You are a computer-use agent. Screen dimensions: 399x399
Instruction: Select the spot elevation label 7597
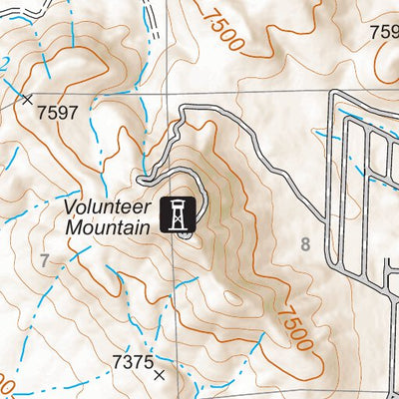tap(56, 113)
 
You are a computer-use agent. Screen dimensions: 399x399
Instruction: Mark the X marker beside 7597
tap(27, 99)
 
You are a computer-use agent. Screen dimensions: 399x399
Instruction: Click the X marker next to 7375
tap(160, 376)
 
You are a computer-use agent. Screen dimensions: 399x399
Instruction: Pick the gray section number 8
tap(305, 242)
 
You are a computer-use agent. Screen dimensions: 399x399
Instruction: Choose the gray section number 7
tap(44, 261)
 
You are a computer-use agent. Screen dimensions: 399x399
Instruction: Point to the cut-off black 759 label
tap(384, 32)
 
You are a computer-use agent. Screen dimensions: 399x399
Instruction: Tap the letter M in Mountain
tap(74, 226)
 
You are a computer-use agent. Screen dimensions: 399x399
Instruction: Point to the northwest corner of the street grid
tap(335, 95)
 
